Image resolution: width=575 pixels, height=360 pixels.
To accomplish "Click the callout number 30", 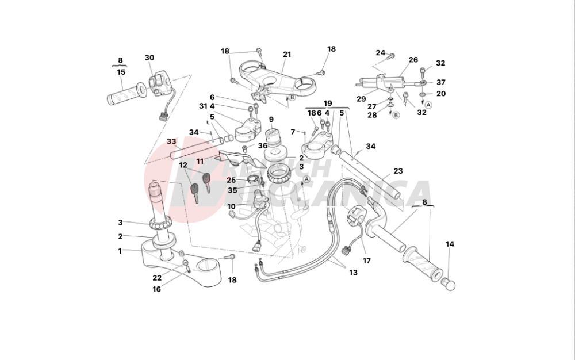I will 149,58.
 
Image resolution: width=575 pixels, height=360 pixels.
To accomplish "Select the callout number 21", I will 287,55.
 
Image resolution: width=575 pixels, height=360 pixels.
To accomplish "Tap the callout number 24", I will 380,53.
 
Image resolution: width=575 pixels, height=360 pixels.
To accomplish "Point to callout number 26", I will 413,60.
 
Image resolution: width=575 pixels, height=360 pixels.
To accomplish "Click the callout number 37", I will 441,82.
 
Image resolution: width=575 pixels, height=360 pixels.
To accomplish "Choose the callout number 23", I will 398,171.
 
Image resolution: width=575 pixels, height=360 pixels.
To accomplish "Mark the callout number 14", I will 450,244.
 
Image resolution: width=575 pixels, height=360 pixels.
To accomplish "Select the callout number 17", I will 366,261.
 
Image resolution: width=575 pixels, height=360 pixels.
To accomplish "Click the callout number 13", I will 353,273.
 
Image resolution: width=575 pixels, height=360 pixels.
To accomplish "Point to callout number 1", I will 120,251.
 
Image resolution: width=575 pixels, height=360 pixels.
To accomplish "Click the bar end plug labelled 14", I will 447,284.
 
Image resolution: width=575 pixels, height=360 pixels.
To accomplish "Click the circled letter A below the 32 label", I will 428,105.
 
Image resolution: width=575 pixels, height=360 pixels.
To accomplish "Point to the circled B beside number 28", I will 396,115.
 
